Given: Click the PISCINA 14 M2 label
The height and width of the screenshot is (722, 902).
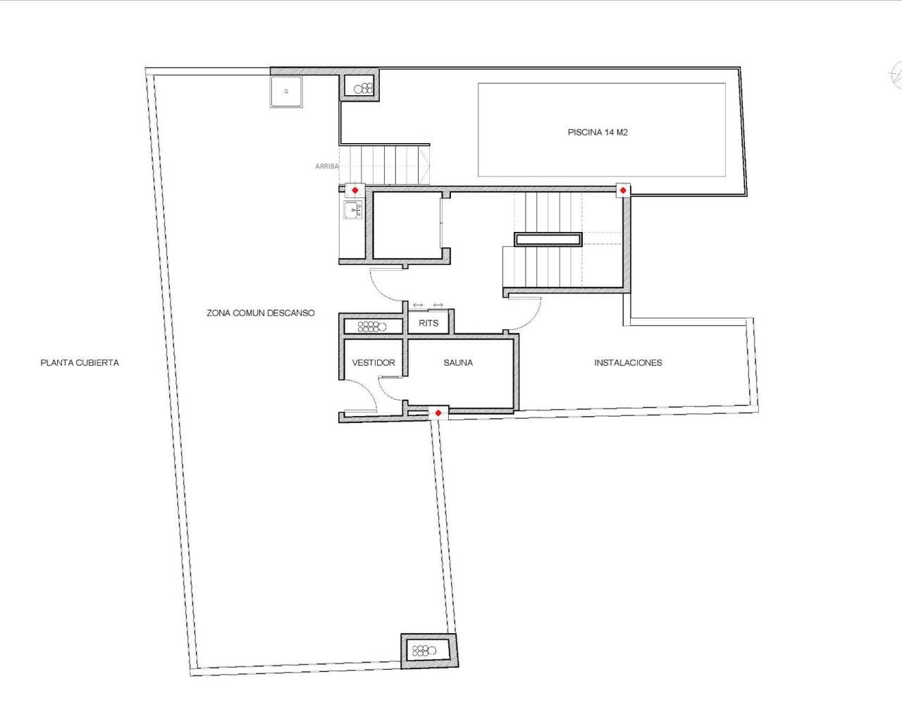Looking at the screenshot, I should point(598,132).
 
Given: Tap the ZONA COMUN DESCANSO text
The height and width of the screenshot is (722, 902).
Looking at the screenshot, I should point(261,312).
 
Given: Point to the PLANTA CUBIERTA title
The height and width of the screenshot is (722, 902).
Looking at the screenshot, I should point(80,362).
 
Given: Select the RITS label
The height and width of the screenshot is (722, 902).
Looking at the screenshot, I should point(428,323).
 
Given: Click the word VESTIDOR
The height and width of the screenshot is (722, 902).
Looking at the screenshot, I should point(373,362).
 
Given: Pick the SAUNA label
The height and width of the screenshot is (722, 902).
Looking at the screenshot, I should point(458,362).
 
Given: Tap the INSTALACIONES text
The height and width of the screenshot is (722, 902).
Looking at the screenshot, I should point(628,362).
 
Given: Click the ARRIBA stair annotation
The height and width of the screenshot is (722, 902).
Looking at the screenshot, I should point(326,166).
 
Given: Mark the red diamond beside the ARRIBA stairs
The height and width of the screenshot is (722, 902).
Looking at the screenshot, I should point(355,190).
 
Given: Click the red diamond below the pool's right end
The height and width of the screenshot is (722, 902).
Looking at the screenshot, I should point(623,190).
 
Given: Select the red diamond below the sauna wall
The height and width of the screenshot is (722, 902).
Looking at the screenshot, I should point(438,412).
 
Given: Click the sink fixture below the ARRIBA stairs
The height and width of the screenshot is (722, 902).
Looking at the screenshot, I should point(352,209).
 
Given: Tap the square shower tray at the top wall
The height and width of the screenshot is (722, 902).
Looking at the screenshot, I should point(286,91).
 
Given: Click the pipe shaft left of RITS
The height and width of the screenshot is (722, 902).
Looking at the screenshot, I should point(372,326).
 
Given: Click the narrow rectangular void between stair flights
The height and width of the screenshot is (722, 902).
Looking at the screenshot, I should point(548,239).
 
